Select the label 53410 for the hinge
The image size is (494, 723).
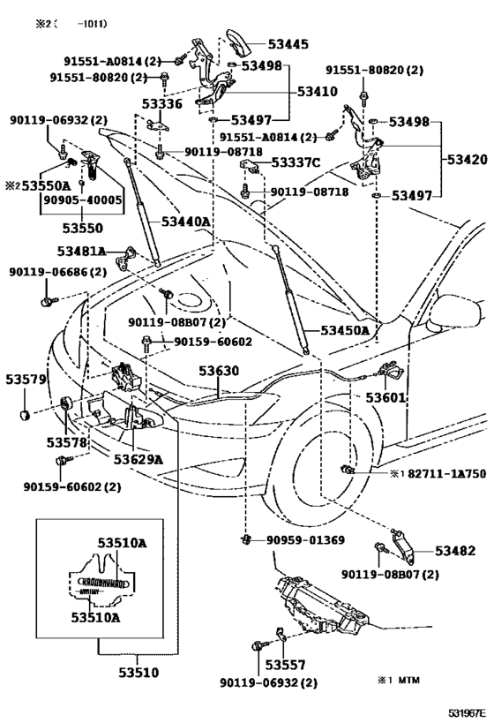(x=318, y=91)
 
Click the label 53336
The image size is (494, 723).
(x=162, y=105)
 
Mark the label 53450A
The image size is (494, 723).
(x=344, y=330)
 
